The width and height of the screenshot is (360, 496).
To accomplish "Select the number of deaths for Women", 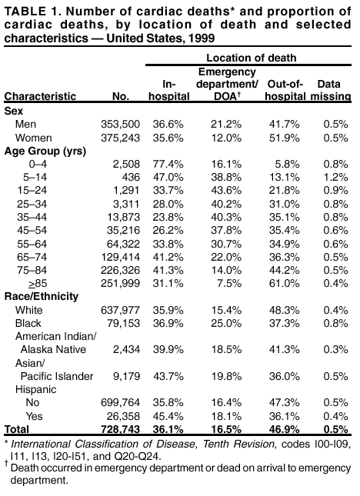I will tap(122, 137).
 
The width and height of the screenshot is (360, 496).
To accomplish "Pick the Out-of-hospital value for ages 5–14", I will tap(284, 177).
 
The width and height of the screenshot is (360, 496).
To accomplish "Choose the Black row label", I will tap(29, 323).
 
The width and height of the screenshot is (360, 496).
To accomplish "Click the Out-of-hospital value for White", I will tap(284, 309).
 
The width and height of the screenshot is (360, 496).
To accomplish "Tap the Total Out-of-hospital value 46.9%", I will tap(284, 429).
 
